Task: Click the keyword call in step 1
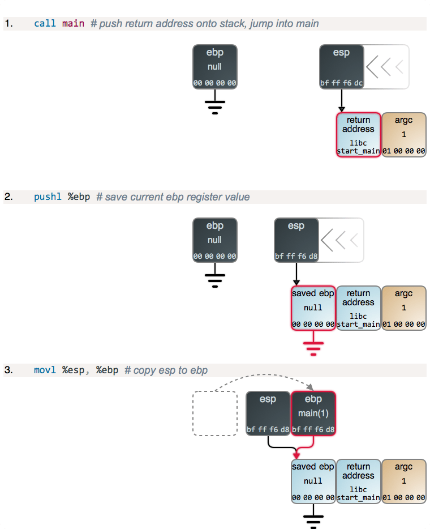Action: coord(45,24)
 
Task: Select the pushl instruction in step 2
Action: coord(48,197)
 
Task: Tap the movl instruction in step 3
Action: coord(45,370)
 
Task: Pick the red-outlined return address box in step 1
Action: coord(359,135)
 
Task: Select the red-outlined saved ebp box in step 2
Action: coord(313,308)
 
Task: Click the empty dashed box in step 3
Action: coord(215,413)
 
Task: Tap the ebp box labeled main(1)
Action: coord(313,413)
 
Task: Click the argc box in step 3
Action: coord(404,481)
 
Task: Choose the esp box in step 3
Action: coord(268,413)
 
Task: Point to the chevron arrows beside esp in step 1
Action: coord(385,67)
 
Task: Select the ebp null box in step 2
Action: coord(215,240)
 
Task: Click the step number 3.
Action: coord(8,370)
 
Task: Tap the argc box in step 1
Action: coord(404,135)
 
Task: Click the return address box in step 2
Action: coord(359,308)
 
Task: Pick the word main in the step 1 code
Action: coord(74,24)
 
